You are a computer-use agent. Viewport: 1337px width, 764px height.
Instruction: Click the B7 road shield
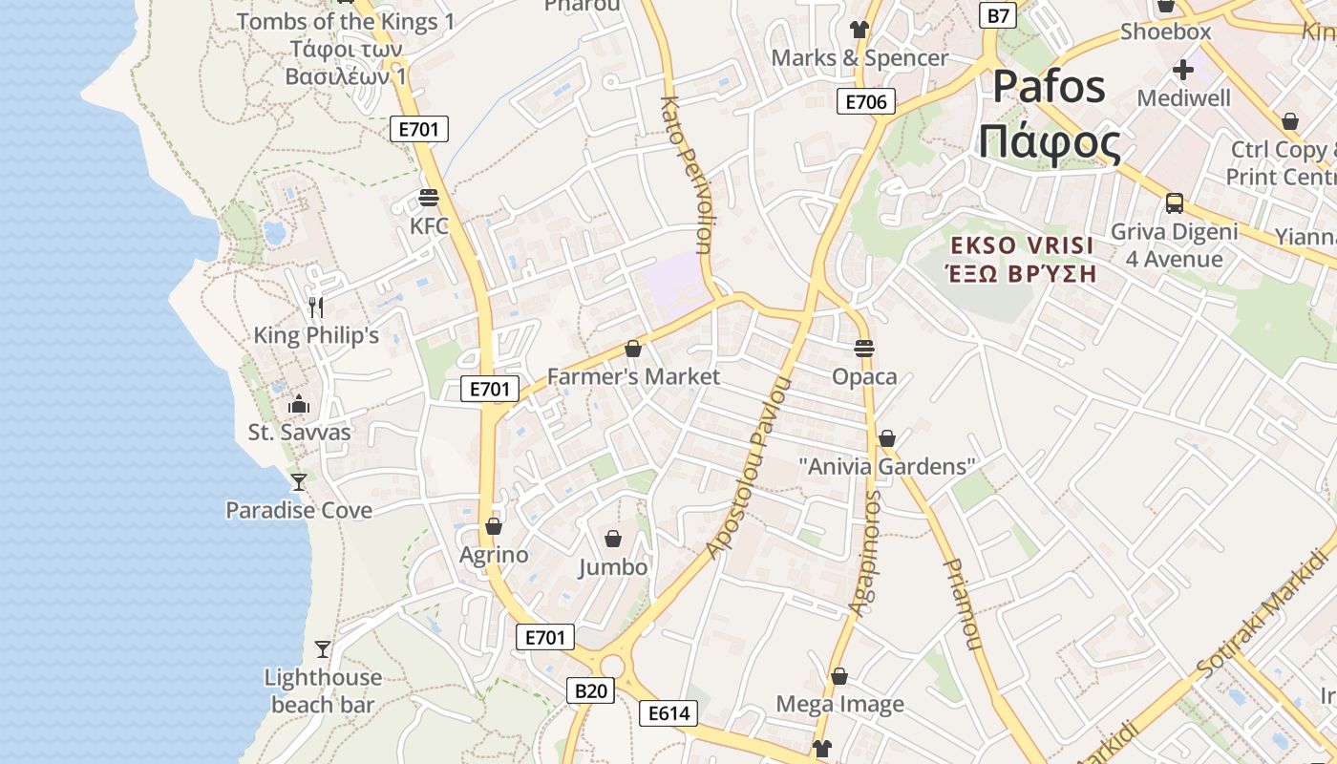click(998, 14)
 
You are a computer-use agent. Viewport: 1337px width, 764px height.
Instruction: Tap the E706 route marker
click(865, 101)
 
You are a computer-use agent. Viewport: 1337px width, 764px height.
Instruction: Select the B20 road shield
click(591, 690)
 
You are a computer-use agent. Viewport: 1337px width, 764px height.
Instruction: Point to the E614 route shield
click(668, 713)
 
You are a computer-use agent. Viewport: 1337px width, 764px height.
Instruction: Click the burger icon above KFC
click(428, 198)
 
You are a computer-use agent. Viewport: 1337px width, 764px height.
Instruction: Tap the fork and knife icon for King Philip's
click(316, 307)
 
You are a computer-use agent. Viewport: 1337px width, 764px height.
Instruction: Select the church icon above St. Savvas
click(299, 404)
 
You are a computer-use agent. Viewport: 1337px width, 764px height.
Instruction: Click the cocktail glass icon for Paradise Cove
click(299, 481)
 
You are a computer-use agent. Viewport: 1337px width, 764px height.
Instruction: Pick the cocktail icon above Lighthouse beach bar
click(323, 649)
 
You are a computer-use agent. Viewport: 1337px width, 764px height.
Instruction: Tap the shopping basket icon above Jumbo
click(613, 539)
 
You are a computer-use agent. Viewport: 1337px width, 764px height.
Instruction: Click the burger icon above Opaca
click(864, 349)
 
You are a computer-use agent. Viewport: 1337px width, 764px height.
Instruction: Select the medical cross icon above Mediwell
click(1183, 69)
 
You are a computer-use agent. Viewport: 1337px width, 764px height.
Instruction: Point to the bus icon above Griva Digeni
click(1175, 203)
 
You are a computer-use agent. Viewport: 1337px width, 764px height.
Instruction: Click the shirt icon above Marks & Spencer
click(859, 30)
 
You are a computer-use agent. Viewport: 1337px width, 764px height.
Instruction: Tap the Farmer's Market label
click(633, 376)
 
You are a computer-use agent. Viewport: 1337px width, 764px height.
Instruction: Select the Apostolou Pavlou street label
click(751, 468)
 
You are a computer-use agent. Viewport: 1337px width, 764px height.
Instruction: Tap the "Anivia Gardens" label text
click(887, 467)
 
